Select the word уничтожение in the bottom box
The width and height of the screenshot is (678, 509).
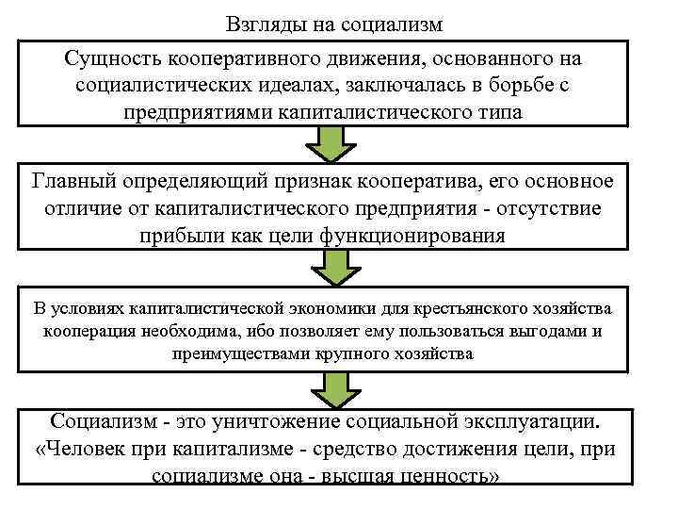(x=264, y=421)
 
